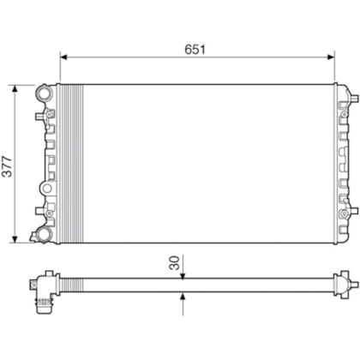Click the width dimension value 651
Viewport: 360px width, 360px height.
pyautogui.click(x=196, y=50)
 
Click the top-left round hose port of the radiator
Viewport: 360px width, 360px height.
pyautogui.click(x=43, y=93)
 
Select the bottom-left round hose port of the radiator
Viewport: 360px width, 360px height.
pyautogui.click(x=43, y=234)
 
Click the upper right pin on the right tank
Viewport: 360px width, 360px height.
pyautogui.click(x=347, y=105)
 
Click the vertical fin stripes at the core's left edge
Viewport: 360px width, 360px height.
pyautogui.click(x=69, y=163)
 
